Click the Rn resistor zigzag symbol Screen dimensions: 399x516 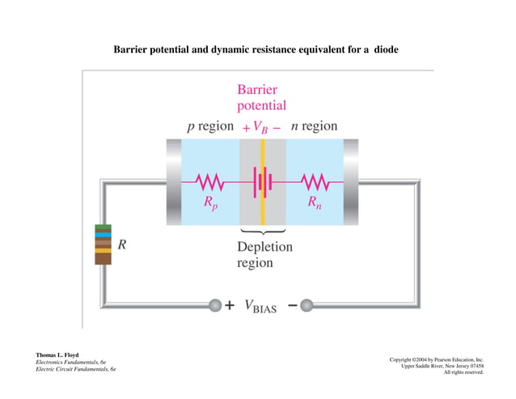(x=313, y=181)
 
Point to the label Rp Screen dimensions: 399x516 (x=210, y=204)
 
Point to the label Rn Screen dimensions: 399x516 (x=314, y=204)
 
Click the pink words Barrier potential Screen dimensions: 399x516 (x=261, y=98)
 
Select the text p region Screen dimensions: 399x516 (x=210, y=126)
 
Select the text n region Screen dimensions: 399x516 (x=314, y=126)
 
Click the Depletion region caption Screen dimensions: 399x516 (x=264, y=255)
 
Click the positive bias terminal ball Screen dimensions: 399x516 (x=215, y=305)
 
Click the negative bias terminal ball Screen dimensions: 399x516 (x=307, y=305)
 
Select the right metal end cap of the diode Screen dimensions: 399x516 (x=351, y=181)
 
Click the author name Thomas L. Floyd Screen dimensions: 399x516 (x=57, y=355)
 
